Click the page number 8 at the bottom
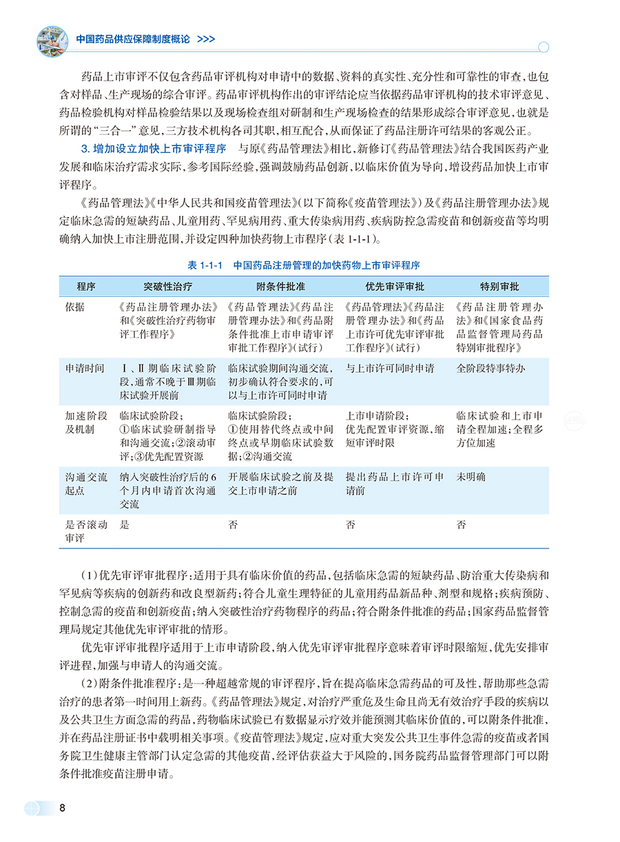click(x=63, y=808)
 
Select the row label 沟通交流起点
click(x=85, y=483)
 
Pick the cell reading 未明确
click(x=471, y=476)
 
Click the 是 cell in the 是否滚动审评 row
click(x=125, y=525)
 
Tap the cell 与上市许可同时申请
click(x=390, y=369)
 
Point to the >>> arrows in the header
click(x=205, y=39)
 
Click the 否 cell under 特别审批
click(x=462, y=525)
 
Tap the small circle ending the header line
click(x=543, y=48)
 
